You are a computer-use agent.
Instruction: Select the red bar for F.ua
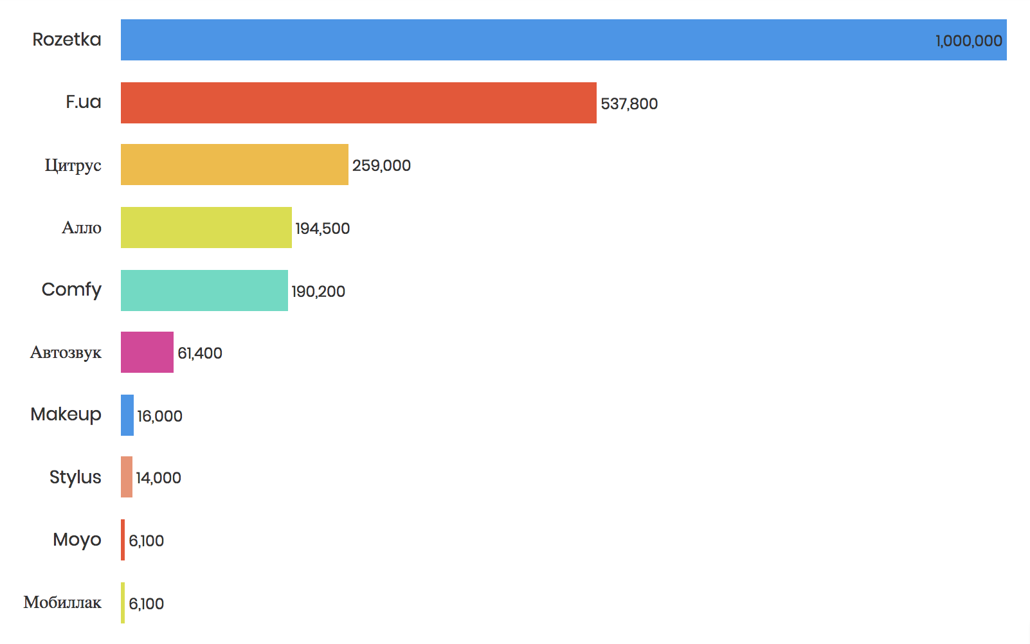coord(358,103)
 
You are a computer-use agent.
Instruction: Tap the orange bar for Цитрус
coord(234,165)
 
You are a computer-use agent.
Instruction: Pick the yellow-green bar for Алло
coord(206,228)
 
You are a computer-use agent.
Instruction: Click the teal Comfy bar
coord(204,291)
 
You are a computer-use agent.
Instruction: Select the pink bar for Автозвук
coord(147,352)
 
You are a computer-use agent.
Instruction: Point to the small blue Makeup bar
coord(127,415)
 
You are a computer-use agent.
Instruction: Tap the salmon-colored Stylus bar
coord(127,477)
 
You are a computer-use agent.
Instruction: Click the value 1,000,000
coord(968,41)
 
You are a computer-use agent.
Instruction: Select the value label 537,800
coord(629,104)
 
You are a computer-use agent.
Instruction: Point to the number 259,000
coord(381,166)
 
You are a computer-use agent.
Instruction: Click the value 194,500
coord(322,229)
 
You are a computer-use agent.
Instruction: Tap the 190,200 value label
coord(318,292)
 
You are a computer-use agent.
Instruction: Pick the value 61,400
coord(200,353)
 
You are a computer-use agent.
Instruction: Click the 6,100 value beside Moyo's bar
coord(146,541)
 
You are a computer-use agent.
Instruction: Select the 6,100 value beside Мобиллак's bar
coord(146,604)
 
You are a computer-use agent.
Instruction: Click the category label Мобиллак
coord(62,602)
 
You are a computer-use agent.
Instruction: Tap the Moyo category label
coord(77,540)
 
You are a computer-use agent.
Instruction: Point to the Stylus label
coord(75,477)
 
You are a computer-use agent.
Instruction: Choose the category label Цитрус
coord(73,165)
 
